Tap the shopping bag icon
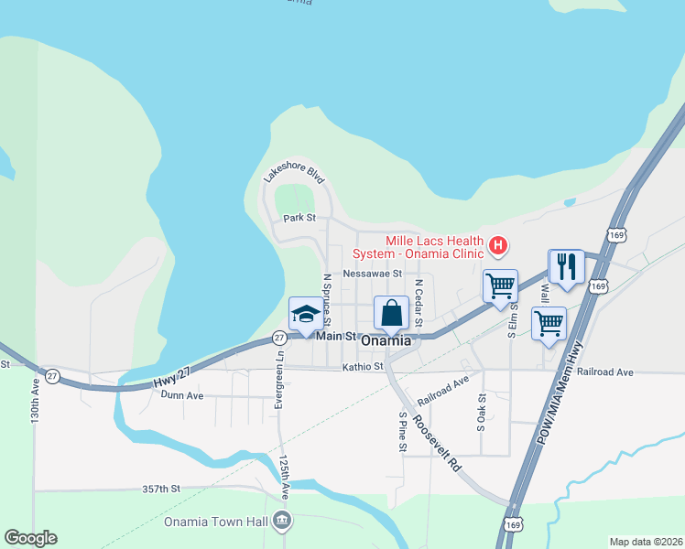click(391, 313)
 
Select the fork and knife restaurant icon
click(566, 266)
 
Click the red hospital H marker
click(498, 245)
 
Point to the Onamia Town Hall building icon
click(283, 522)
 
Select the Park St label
click(299, 218)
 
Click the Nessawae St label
click(373, 273)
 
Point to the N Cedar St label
click(418, 303)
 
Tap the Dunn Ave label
click(181, 395)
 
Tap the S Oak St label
click(481, 413)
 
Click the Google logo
click(30, 538)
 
